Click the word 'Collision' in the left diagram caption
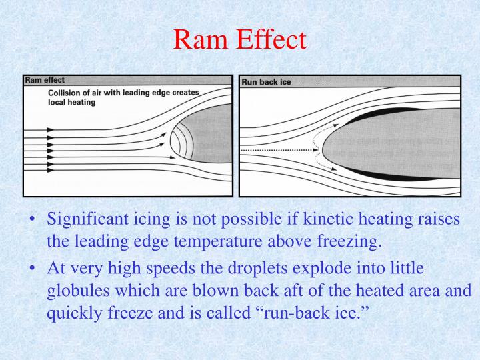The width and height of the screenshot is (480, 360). (x=66, y=93)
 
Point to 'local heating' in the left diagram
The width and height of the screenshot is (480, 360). (x=72, y=103)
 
